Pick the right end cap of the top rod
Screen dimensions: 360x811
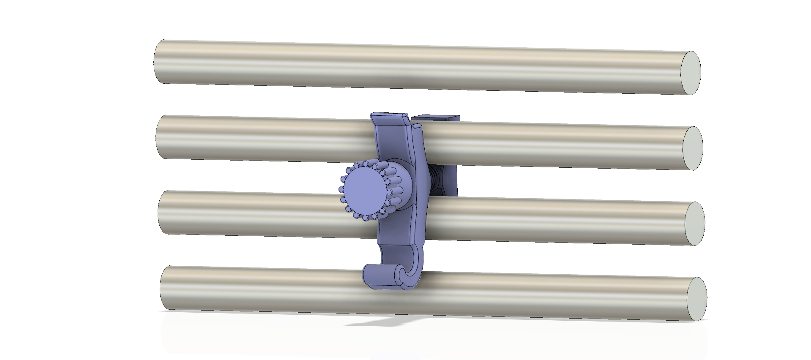coord(691,72)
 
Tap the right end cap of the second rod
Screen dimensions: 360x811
coord(692,148)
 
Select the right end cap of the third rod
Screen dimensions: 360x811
coord(694,223)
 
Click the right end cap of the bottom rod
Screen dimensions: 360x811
coord(696,299)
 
